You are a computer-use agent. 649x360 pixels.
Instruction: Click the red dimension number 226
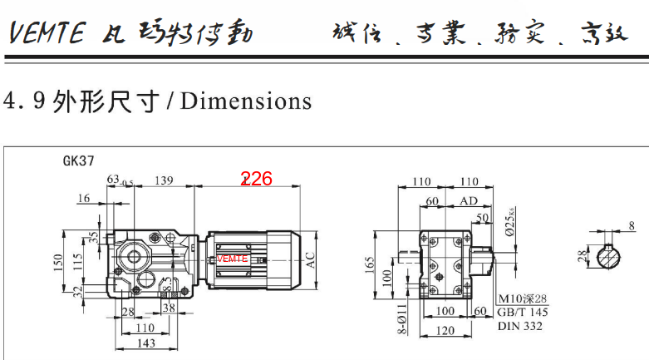(257, 179)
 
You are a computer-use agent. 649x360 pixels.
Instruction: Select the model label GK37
(78, 161)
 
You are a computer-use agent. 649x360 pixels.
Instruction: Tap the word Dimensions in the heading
(246, 101)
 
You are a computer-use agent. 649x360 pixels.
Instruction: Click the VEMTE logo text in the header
(47, 33)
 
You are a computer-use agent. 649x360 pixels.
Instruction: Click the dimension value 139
(164, 180)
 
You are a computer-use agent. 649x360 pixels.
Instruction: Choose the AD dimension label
(469, 201)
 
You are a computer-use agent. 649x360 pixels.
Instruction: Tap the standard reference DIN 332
(520, 327)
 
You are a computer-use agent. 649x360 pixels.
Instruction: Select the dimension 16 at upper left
(83, 198)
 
